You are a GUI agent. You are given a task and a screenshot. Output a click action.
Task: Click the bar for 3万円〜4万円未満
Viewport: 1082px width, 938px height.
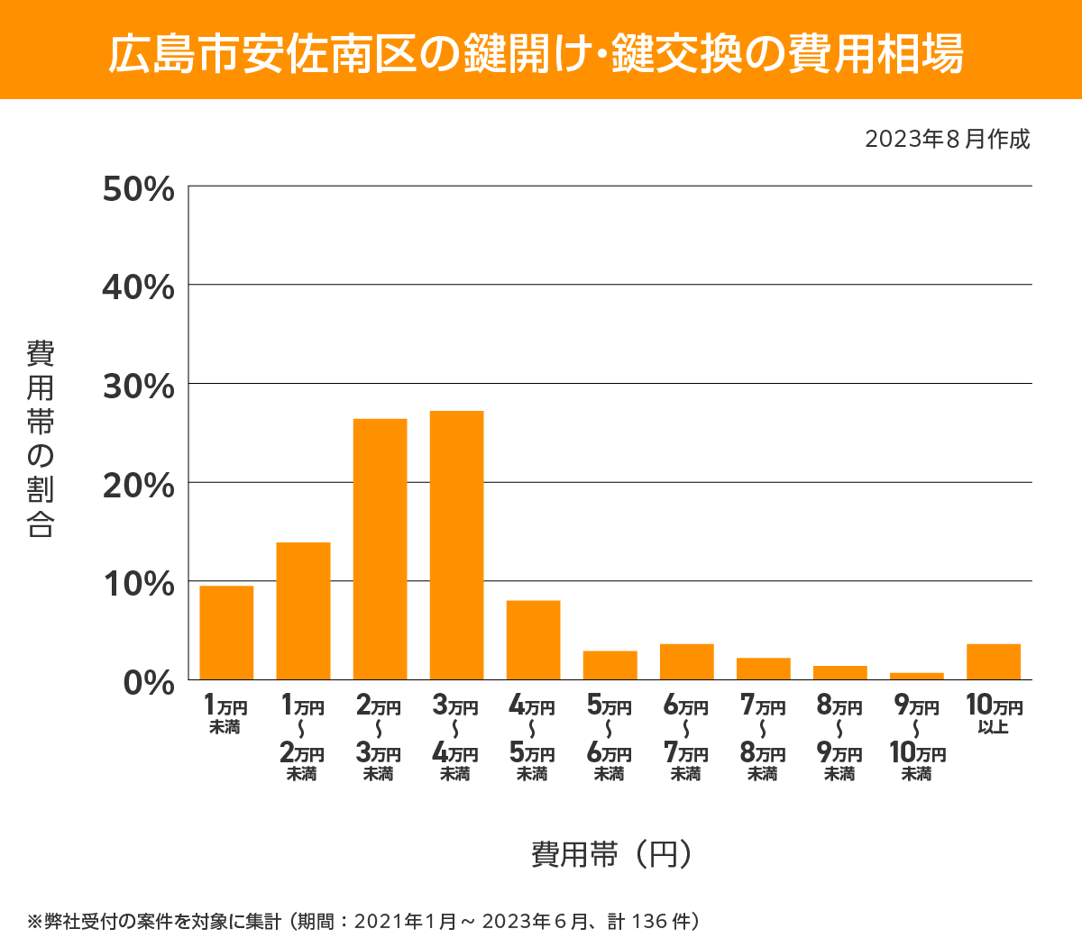[456, 545]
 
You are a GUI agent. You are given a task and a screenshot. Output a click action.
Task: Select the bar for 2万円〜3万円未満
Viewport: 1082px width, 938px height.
[380, 549]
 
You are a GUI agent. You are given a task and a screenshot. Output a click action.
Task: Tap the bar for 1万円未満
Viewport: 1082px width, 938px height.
[226, 633]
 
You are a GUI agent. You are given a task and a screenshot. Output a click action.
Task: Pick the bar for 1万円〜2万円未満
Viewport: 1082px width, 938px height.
[303, 611]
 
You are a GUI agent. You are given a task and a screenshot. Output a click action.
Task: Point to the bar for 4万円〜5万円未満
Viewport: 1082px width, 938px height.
[533, 640]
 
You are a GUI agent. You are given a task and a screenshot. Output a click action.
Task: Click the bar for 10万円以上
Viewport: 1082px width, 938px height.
[993, 661]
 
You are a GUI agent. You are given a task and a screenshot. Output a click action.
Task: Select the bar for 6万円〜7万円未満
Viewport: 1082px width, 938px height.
[686, 661]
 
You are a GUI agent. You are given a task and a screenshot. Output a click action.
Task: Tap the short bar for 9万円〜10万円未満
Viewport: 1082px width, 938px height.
[916, 676]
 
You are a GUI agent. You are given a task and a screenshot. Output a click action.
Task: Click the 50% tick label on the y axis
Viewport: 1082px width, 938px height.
[138, 189]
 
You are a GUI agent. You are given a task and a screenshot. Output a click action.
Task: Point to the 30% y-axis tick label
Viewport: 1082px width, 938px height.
[138, 387]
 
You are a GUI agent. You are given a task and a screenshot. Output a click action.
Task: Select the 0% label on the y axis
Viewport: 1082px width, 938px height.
[149, 682]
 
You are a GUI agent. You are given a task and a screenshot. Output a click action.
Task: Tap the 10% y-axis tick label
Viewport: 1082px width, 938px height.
[138, 584]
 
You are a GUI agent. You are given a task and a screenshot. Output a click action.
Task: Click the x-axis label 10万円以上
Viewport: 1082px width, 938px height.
[994, 715]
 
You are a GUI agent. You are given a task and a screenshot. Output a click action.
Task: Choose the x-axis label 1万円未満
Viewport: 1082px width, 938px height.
[225, 715]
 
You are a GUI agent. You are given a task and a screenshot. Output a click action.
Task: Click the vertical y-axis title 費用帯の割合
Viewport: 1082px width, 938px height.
[41, 439]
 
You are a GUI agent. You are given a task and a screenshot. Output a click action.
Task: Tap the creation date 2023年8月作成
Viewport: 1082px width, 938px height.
[947, 140]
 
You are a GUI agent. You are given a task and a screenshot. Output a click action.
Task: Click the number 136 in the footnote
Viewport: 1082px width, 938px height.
[649, 922]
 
